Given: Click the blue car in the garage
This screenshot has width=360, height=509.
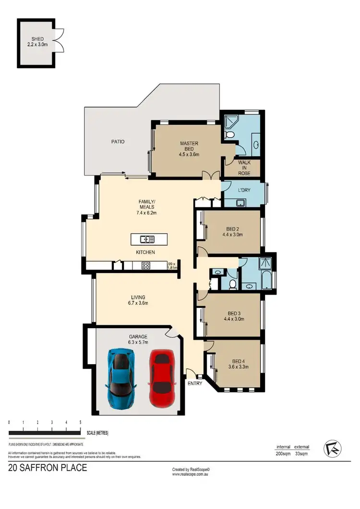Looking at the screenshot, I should (x=121, y=379).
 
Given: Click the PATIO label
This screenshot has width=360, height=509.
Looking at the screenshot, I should (x=117, y=142).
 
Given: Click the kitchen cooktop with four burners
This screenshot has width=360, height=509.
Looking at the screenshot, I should (x=146, y=265).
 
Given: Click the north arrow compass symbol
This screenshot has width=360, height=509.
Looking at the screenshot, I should (x=331, y=447).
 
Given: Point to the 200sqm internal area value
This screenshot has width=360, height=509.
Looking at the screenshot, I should (x=283, y=453).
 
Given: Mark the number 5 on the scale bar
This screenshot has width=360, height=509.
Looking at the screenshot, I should (x=80, y=422).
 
